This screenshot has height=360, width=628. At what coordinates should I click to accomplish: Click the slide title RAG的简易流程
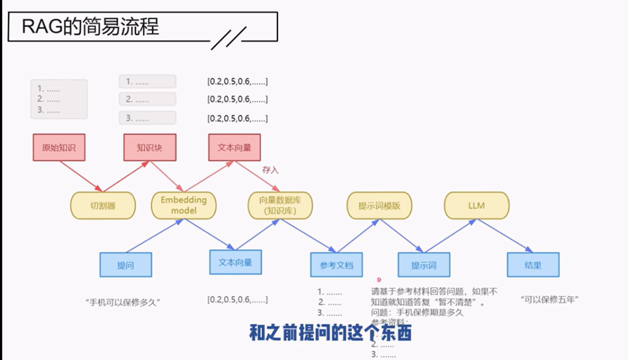tap(90, 26)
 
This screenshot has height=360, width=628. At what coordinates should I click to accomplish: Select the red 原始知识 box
tap(59, 148)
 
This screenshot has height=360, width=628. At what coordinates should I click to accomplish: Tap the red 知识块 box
tap(149, 148)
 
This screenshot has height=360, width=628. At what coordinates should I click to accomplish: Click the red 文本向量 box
tap(234, 148)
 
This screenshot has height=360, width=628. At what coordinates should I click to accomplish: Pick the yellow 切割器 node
tap(103, 206)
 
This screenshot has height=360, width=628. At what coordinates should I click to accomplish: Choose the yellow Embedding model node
tap(183, 205)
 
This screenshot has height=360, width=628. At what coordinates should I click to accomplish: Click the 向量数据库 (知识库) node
tap(280, 205)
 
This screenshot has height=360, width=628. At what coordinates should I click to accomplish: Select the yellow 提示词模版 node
tap(380, 206)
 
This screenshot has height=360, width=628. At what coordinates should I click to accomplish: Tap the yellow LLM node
tap(476, 206)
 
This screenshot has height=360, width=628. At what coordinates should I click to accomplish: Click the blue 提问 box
tap(126, 265)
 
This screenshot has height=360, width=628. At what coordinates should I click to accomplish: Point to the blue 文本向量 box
tap(235, 262)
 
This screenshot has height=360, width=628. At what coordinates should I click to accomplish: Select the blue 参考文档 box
tap(337, 265)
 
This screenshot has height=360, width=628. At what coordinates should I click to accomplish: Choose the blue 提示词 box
tap(424, 265)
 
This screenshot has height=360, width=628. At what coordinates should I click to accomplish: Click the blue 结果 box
tap(533, 265)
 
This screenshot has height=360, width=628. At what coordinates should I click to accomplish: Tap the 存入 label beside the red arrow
tap(270, 170)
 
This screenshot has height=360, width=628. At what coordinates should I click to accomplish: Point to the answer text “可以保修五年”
tap(552, 300)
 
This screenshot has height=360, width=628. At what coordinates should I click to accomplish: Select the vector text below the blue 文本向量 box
tap(237, 300)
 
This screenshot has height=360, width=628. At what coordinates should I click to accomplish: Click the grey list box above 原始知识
tap(59, 99)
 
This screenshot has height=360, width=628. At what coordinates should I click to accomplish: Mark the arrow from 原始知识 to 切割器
tap(81, 176)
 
